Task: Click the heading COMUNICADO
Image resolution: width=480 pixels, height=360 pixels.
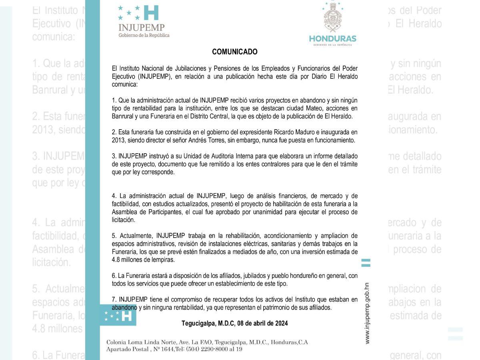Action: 234,52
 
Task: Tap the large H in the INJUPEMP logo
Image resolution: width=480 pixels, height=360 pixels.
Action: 151,13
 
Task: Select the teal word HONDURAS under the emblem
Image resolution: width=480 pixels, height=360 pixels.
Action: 332,39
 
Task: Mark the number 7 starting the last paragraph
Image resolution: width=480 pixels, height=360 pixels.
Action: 114,300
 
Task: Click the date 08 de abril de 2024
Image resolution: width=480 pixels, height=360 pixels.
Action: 262,323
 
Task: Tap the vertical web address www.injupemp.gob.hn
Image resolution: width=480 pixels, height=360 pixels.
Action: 367,313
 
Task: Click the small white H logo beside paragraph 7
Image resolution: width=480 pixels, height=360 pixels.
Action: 126,316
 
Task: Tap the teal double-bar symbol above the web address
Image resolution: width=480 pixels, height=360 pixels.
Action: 366,263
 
